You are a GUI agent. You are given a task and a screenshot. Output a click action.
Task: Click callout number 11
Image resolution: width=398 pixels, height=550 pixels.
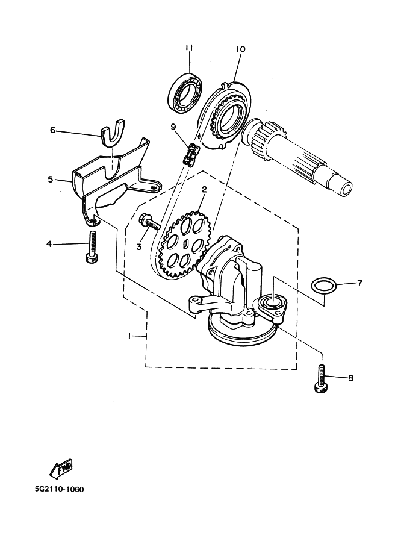[188, 48]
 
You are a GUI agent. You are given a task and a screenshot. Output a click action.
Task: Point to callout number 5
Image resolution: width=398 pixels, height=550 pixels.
[51, 179]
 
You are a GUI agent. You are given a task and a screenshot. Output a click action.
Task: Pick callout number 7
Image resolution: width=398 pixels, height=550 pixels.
[359, 283]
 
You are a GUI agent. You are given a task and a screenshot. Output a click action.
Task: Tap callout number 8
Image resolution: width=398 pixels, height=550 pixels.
[350, 378]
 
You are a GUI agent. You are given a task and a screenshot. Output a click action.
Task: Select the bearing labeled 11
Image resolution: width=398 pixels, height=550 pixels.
[185, 94]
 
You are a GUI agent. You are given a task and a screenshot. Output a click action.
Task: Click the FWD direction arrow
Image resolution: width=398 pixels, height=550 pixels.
[60, 467]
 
